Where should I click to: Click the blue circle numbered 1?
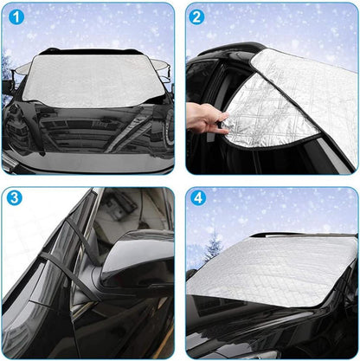tap(16, 16)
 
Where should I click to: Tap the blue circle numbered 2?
tap(196, 16)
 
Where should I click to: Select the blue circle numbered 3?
tap(14, 197)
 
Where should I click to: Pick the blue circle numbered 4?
tap(198, 197)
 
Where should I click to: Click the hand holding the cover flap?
tap(207, 119)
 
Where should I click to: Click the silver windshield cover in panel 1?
tap(93, 81)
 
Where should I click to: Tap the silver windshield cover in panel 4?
tap(272, 271)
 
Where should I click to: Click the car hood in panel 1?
tap(87, 132)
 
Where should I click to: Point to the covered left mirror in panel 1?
tap(22, 68)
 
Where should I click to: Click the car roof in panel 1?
tap(92, 51)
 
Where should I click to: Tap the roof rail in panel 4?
tap(303, 235)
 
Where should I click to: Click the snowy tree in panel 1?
tap(6, 75)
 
